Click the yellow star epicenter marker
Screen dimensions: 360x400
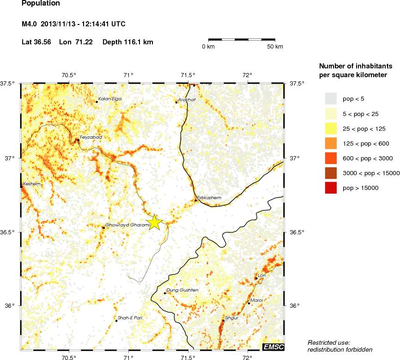pos(155,222)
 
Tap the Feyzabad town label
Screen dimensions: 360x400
pos(91,137)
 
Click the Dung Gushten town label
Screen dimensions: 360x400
pos(182,290)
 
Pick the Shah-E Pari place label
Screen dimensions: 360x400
pos(130,318)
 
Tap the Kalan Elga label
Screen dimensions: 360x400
pos(110,99)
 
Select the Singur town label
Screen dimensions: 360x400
pos(231,318)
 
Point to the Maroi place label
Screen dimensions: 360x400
pos(257,300)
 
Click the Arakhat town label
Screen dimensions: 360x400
pos(188,99)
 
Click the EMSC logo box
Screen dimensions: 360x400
pos(273,347)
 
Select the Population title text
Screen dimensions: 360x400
pos(41,4)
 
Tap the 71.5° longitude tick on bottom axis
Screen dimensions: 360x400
pos(188,357)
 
